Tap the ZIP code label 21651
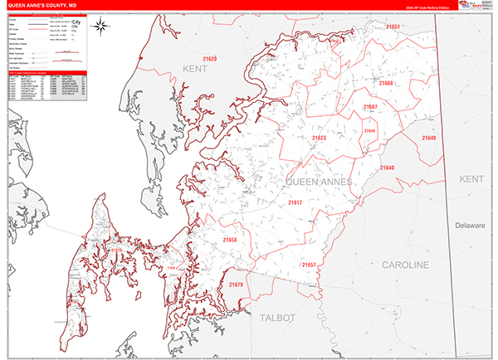(x=392, y=28)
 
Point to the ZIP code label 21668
(x=385, y=85)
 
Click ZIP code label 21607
(x=370, y=108)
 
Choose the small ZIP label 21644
(x=369, y=131)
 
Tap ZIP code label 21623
(x=320, y=138)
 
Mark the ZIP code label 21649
(x=428, y=138)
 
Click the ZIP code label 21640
(x=388, y=168)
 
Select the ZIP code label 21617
(x=295, y=202)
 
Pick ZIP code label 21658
(x=230, y=241)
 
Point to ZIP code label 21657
(x=309, y=265)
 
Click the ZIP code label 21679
(x=235, y=285)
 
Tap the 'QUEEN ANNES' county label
(x=319, y=181)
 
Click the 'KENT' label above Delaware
(x=471, y=179)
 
